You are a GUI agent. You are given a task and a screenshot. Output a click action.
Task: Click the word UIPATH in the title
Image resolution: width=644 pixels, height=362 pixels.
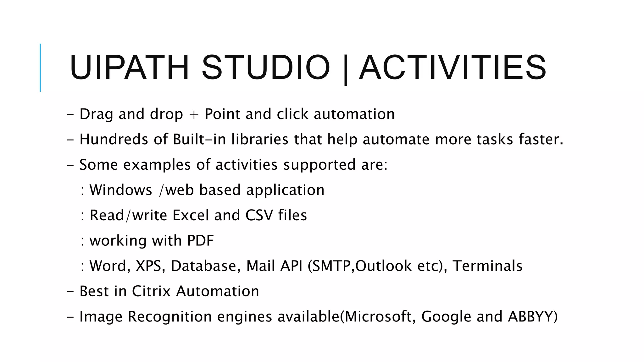click(129, 68)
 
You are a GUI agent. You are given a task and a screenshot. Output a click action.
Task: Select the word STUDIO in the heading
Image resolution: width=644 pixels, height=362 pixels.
click(266, 68)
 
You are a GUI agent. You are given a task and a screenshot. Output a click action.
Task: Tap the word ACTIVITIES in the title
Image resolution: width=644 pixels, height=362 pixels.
click(452, 68)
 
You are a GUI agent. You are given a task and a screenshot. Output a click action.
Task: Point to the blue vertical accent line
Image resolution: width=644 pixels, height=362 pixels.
click(40, 68)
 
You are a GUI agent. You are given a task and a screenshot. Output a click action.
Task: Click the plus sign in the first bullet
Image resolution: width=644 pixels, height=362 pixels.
click(194, 114)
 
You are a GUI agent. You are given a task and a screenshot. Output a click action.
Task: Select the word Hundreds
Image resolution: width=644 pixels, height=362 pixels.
click(114, 140)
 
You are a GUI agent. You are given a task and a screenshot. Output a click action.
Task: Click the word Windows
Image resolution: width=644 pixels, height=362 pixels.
click(121, 190)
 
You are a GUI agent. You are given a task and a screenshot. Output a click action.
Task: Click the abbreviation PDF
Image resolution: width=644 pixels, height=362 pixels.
click(200, 241)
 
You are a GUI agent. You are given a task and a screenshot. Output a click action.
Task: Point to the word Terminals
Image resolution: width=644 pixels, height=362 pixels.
click(487, 266)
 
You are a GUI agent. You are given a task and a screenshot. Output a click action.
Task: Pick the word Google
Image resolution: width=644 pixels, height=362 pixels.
click(446, 317)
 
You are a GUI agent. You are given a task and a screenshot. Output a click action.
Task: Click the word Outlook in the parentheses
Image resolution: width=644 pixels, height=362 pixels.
click(383, 266)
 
